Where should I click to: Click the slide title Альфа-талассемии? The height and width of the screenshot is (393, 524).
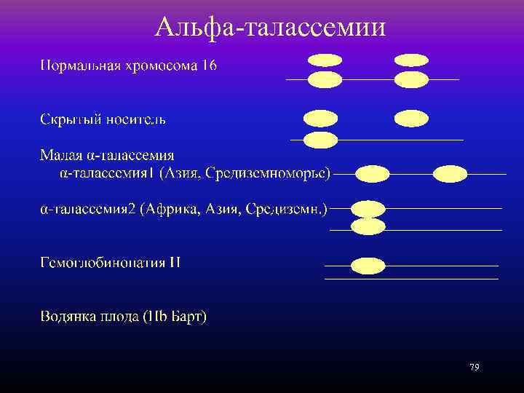[x=270, y=27]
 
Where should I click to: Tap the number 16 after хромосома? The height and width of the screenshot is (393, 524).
[x=209, y=65]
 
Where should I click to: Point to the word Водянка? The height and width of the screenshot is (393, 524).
[x=68, y=317]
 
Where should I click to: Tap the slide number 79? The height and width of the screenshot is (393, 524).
[x=475, y=367]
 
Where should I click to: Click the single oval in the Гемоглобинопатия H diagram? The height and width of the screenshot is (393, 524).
[x=368, y=266]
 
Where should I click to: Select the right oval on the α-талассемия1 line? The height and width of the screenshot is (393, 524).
[x=450, y=174]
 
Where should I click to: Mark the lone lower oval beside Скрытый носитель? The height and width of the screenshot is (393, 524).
[x=320, y=140]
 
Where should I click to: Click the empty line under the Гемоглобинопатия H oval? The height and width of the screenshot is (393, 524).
[x=411, y=279]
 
